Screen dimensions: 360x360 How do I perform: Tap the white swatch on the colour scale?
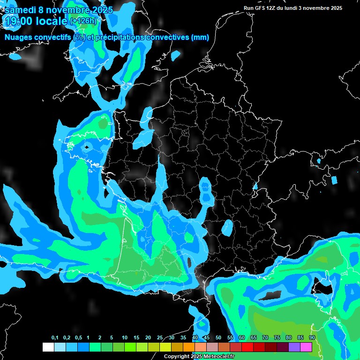pos(48,347)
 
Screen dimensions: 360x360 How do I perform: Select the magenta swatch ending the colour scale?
pos(306,347)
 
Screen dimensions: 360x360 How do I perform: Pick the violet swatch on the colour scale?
pos(294,347)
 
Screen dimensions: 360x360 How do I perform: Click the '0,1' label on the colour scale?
pos(55,338)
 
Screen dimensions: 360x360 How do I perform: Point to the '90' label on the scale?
pos(312,338)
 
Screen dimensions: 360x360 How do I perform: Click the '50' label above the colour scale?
pos(218,338)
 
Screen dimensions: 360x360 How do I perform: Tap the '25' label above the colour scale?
pos(160,338)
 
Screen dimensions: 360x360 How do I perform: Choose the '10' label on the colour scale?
pos(125,338)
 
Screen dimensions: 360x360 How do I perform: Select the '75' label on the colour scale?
pos(277,338)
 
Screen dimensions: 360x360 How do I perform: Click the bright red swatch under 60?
pos(247,347)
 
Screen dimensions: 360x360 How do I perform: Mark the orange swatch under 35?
pos(189,347)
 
